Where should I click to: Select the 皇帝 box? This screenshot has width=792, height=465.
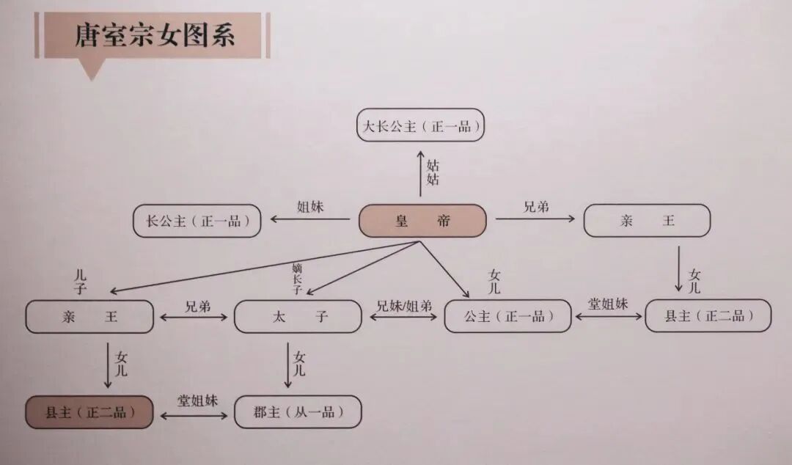(422, 221)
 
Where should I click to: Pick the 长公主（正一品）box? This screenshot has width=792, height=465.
(197, 221)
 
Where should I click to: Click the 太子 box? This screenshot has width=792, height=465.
(297, 317)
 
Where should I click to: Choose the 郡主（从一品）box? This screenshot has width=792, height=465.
(297, 412)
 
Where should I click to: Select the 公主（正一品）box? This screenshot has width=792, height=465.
(507, 317)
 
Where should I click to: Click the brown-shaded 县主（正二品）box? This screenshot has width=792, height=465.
(89, 412)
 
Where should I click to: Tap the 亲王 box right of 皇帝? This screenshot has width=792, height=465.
(647, 221)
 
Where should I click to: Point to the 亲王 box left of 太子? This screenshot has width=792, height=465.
(89, 317)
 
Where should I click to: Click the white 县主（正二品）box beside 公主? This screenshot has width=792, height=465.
(708, 316)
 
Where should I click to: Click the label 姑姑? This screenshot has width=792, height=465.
(433, 172)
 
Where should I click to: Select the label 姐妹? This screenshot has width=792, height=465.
(310, 207)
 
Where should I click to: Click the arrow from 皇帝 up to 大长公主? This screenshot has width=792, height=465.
(420, 174)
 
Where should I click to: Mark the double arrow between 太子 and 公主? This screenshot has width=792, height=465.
(403, 318)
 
